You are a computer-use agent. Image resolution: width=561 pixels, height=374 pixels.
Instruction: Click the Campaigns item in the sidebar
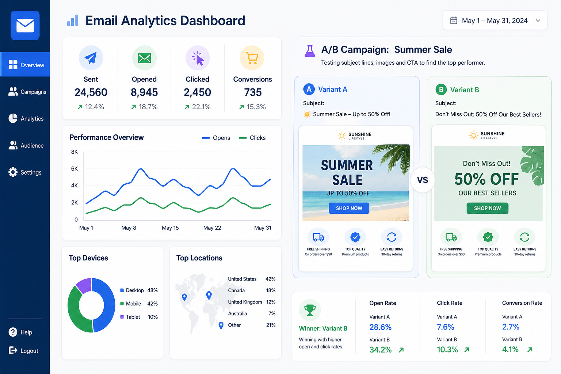(27, 92)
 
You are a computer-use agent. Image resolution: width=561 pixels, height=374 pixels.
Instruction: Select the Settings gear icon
(13, 172)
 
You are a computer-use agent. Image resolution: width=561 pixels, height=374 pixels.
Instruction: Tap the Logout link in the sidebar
(23, 351)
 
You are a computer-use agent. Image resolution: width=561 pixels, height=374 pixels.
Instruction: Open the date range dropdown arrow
(538, 20)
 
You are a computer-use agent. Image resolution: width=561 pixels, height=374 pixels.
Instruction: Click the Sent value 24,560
(91, 92)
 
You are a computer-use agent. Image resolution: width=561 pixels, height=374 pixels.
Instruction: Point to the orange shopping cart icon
(252, 58)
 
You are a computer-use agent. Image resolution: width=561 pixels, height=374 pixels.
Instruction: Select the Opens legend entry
(216, 138)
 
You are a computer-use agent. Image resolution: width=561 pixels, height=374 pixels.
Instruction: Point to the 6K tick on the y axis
(75, 169)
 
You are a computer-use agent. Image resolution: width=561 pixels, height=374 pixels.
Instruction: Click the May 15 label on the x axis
(170, 228)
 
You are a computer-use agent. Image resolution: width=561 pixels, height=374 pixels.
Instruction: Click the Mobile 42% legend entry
(139, 304)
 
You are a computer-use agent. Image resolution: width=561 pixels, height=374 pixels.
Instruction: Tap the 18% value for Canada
(271, 290)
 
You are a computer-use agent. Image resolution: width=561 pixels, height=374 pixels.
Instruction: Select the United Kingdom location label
(245, 302)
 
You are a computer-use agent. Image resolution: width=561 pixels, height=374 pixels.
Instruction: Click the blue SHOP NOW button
(349, 208)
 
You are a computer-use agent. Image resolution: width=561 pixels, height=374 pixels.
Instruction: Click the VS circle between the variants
(423, 180)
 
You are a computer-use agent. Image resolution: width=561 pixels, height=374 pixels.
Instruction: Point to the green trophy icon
(310, 310)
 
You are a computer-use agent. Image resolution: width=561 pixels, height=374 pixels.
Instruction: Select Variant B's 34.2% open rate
(381, 350)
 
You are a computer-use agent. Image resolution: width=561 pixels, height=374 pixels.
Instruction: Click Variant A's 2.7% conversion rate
(511, 327)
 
